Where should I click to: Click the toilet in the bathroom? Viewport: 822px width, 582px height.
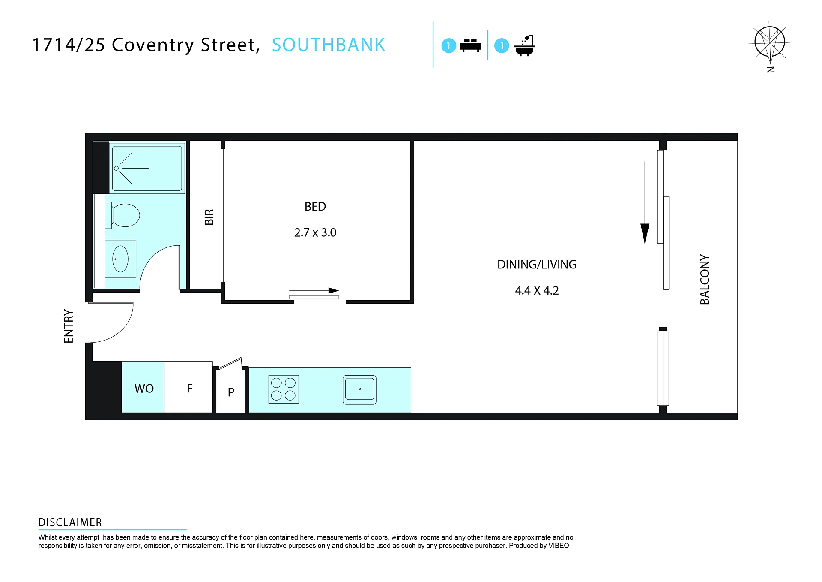123,215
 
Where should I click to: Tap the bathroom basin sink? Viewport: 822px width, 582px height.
120,259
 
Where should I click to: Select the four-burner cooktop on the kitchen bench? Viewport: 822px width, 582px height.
284,389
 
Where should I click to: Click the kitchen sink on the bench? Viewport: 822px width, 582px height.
359,390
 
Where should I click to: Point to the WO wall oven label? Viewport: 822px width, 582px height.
144,389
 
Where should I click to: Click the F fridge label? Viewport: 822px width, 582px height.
190,388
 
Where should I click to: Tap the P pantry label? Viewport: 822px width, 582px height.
231,392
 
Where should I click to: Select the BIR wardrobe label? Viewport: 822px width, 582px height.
209,217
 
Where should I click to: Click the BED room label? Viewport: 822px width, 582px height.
315,207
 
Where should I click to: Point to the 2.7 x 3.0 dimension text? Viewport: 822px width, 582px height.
315,232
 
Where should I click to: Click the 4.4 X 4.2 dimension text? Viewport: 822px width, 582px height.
537,291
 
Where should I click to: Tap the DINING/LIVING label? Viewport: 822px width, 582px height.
537,265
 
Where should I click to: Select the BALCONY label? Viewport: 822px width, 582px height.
705,280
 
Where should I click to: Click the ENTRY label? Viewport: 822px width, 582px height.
69,326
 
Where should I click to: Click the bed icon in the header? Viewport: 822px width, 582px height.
471,45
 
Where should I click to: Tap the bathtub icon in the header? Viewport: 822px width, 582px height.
524,45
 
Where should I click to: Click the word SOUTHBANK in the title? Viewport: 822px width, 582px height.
329,45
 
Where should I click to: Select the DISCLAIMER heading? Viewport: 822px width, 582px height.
70,522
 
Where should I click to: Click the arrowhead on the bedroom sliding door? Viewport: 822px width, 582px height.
334,290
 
